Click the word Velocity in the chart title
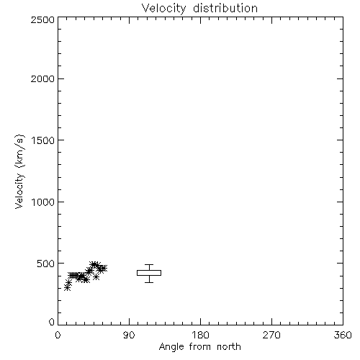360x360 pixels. click(x=163, y=9)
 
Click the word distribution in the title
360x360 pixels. click(x=225, y=8)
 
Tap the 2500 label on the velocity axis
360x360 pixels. click(x=42, y=19)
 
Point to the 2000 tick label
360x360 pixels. click(x=42, y=78)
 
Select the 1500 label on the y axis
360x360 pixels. click(x=43, y=140)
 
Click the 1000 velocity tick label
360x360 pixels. click(x=43, y=202)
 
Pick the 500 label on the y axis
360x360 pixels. click(x=46, y=264)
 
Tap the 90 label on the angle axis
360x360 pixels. click(x=129, y=335)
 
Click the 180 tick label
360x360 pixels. click(x=200, y=335)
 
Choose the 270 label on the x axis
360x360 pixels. click(x=271, y=335)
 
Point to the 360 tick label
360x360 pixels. click(x=343, y=335)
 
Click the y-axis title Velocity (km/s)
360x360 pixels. click(x=19, y=171)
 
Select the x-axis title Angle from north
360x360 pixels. click(x=200, y=347)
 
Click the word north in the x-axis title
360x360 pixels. click(x=229, y=346)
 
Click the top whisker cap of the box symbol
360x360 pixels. click(x=149, y=264)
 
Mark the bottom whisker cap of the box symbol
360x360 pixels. click(x=149, y=282)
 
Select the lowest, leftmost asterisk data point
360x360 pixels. click(x=67, y=288)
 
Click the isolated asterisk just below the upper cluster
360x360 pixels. click(x=96, y=276)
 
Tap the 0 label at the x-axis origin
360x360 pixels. click(x=58, y=335)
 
